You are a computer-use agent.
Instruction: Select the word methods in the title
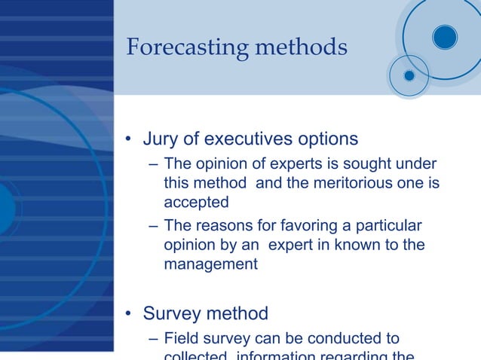(x=302, y=47)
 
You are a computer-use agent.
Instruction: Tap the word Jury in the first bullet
(x=160, y=139)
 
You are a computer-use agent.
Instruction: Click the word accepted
(x=196, y=202)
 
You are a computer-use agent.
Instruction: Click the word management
(x=211, y=264)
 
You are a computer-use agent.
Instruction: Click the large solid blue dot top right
(x=445, y=37)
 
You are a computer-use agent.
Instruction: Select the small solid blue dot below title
(x=409, y=75)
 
